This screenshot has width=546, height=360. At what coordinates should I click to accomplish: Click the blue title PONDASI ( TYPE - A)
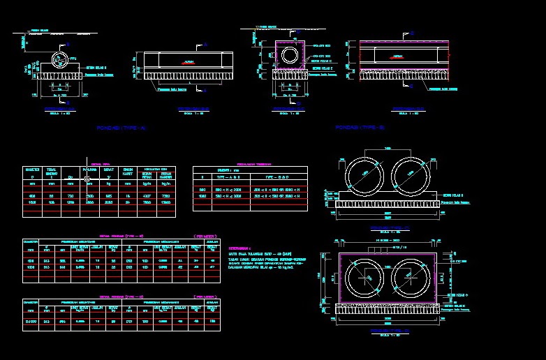121,128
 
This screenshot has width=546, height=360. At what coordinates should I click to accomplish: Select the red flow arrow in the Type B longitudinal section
397,55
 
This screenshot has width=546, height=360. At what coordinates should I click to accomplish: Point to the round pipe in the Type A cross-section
60,57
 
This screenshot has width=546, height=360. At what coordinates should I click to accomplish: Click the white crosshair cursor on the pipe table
87,179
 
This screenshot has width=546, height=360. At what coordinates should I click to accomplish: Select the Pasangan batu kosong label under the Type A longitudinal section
172,89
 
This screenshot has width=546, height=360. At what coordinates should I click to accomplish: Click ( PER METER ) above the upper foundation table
204,237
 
